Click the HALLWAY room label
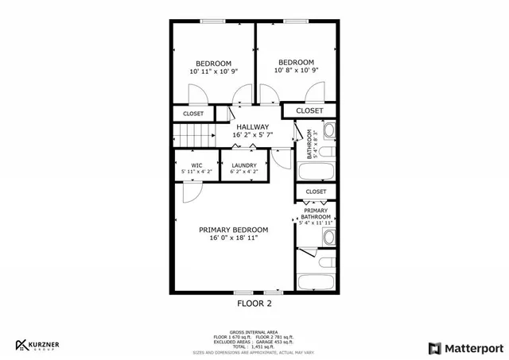click(x=253, y=127)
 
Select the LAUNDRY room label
click(x=243, y=165)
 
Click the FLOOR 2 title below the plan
click(x=254, y=303)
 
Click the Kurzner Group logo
click(x=37, y=346)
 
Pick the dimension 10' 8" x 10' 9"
click(x=295, y=71)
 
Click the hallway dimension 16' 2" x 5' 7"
click(x=253, y=135)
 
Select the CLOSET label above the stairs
click(x=193, y=114)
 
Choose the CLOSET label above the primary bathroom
click(x=316, y=192)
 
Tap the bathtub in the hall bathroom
click(x=317, y=170)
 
